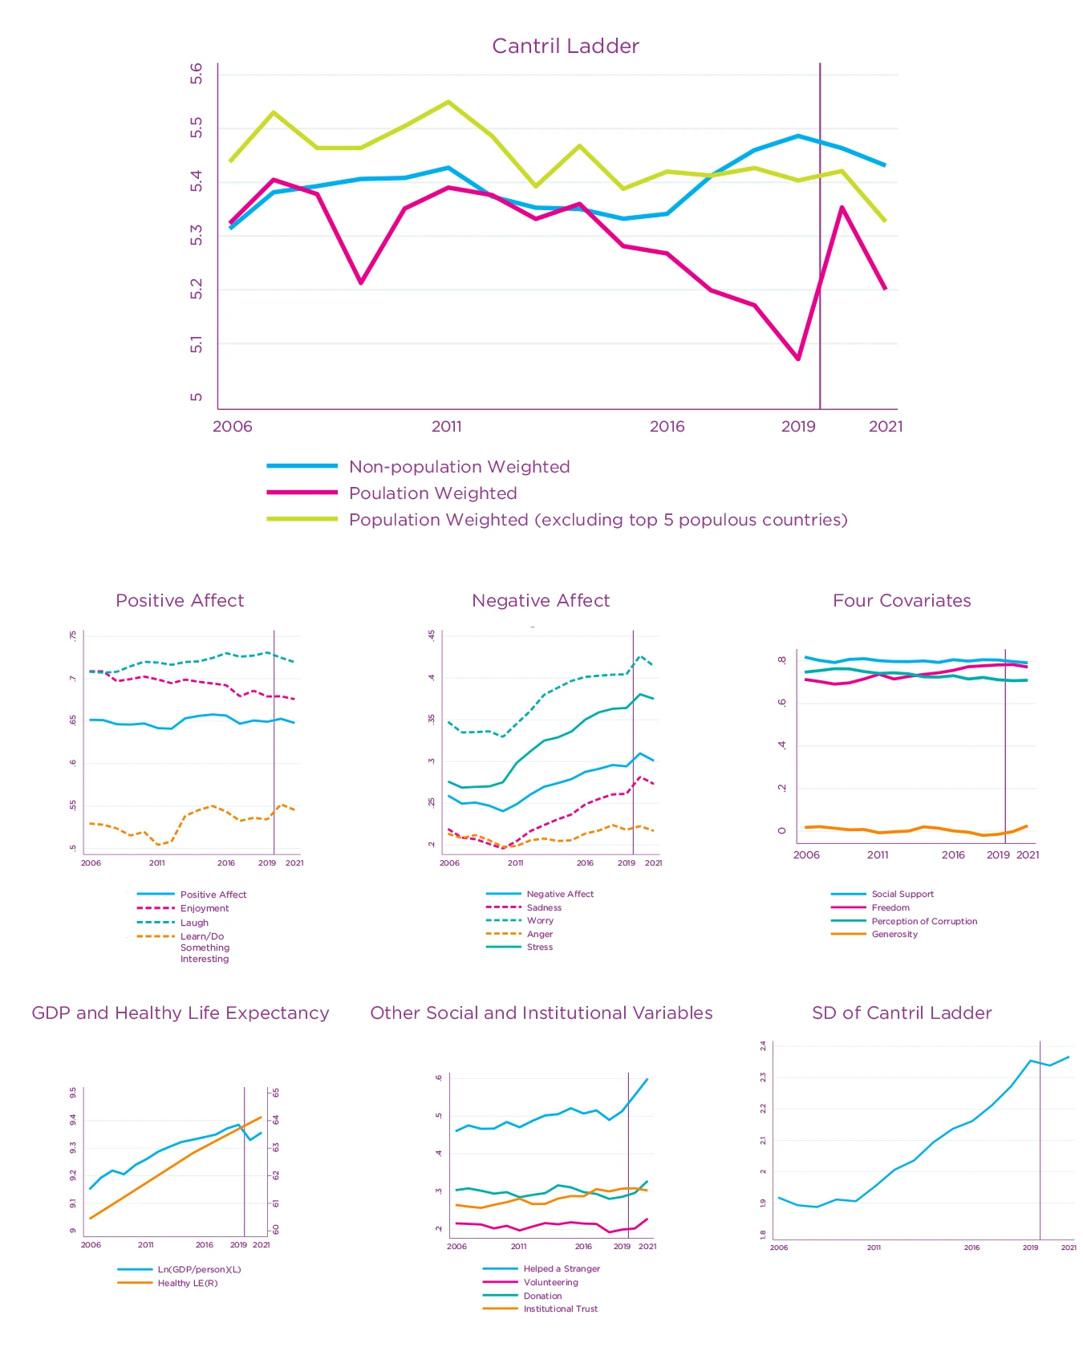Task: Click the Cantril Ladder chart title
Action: [565, 46]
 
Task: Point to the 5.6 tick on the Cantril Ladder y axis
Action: [197, 74]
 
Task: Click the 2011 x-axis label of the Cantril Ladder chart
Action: [447, 426]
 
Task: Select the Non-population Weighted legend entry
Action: [459, 467]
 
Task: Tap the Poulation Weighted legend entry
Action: [432, 493]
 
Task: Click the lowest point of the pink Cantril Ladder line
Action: [798, 359]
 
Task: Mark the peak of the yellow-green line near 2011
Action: [448, 102]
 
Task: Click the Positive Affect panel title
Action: [180, 601]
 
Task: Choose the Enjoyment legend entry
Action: [204, 908]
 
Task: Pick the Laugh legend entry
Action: [194, 923]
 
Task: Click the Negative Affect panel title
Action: [541, 601]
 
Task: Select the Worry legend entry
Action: [540, 921]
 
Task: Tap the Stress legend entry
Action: [539, 947]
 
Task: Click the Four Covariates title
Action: [902, 601]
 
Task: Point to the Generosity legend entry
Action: [894, 935]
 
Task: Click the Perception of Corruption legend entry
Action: [924, 922]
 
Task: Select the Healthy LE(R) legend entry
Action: [187, 1283]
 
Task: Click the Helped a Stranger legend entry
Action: [562, 1269]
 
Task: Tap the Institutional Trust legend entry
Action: [560, 1309]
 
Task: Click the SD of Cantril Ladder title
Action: [902, 1013]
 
